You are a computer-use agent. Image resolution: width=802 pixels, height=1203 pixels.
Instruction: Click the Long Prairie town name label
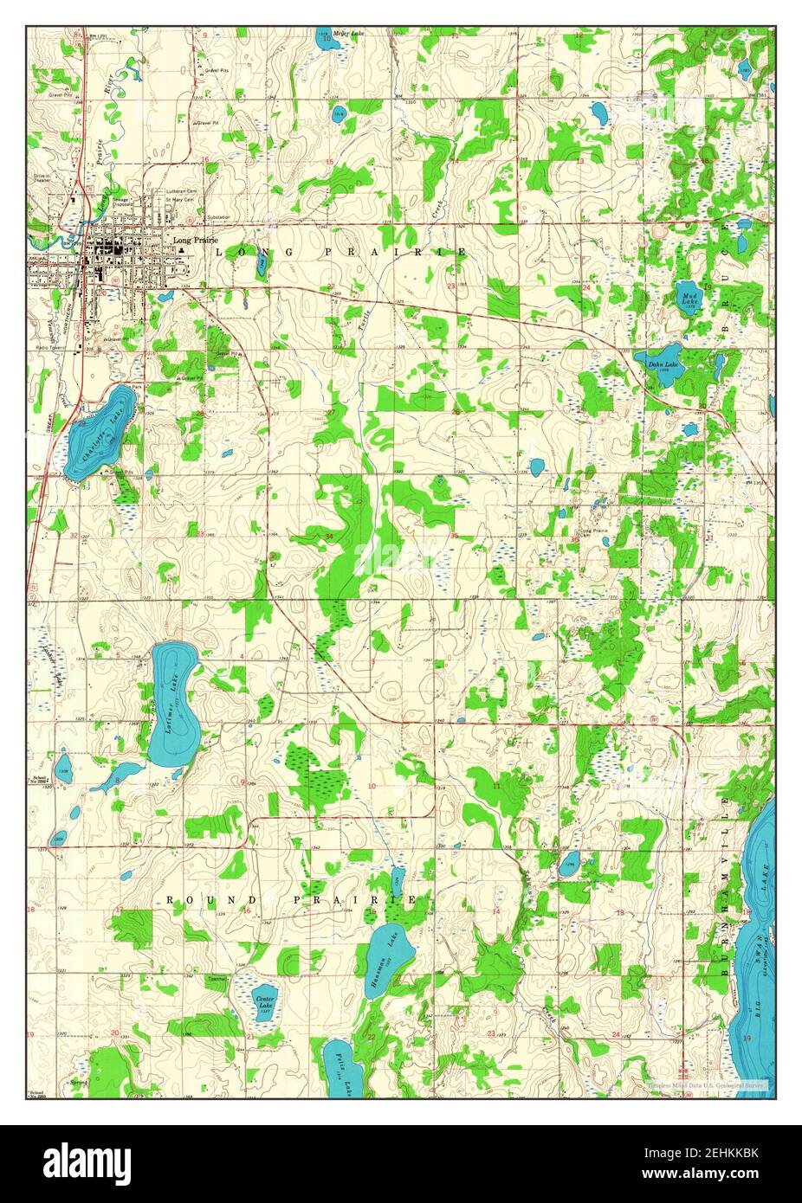coord(194,241)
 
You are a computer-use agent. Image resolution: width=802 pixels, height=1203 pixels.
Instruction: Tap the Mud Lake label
coord(690,299)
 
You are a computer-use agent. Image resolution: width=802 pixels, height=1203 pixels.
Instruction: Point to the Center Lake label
coord(265,1001)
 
